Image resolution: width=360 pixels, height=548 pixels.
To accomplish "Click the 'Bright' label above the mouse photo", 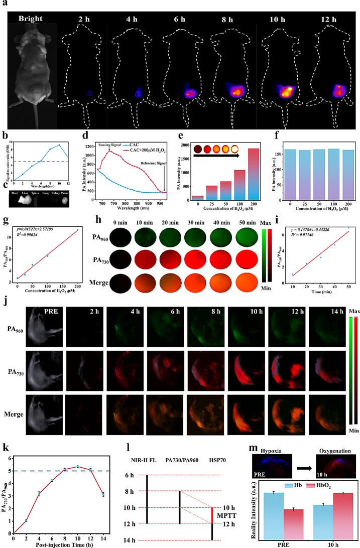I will pos(30,19).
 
